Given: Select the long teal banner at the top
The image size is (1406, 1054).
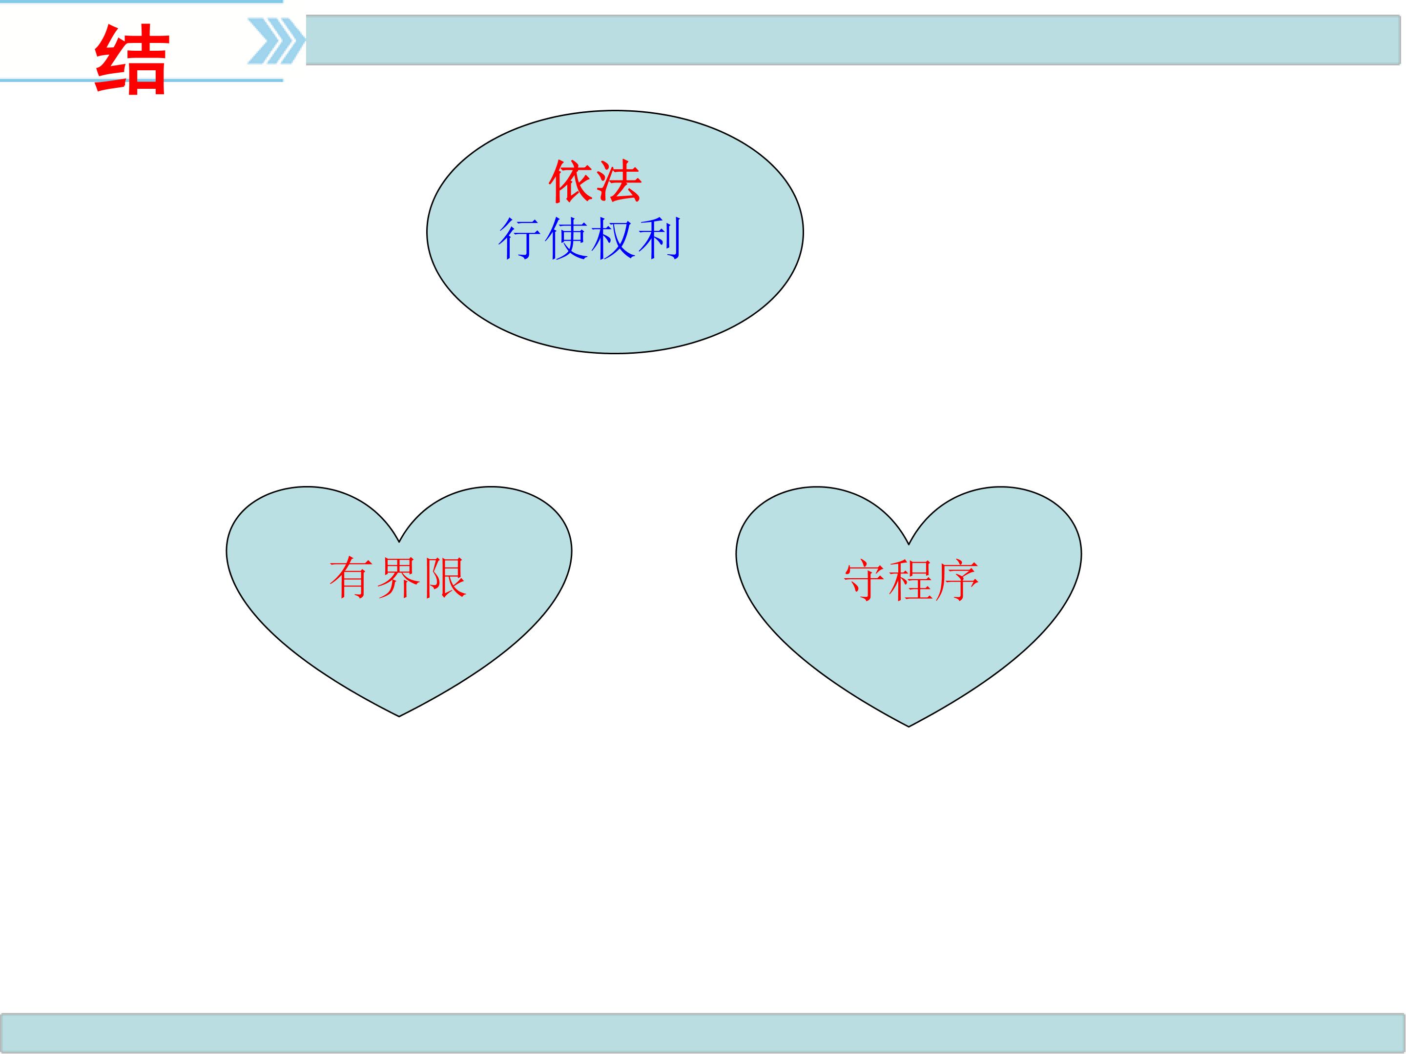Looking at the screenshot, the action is click(x=853, y=40).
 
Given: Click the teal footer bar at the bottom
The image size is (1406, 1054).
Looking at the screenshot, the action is click(x=703, y=1033).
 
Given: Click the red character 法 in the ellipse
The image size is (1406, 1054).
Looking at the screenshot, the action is click(x=619, y=182).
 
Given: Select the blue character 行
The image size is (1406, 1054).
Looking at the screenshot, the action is click(x=520, y=239).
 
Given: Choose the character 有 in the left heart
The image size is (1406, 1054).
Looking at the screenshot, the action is click(x=351, y=578).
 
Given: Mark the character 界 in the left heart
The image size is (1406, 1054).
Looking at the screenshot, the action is click(x=398, y=578).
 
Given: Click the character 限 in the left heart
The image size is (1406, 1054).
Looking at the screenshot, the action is click(x=444, y=578).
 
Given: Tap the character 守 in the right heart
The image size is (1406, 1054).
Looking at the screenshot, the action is click(x=865, y=581).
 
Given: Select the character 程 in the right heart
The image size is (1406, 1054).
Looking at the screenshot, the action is click(x=911, y=581).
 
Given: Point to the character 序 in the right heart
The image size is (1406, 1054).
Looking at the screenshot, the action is click(x=956, y=581).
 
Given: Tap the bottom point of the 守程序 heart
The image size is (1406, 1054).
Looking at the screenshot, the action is click(x=909, y=726).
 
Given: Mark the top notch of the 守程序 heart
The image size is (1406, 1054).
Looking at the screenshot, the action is click(x=909, y=545).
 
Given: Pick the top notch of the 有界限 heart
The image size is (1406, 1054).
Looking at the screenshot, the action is click(x=399, y=542).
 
